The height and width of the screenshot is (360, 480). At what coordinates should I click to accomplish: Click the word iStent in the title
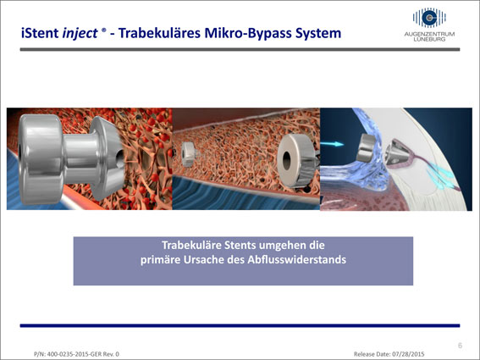(x=40, y=33)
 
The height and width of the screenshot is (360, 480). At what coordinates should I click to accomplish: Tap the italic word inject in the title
(x=80, y=34)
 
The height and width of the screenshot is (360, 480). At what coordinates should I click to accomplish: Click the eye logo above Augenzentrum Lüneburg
(x=429, y=18)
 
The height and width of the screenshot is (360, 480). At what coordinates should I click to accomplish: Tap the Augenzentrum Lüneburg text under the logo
(x=429, y=36)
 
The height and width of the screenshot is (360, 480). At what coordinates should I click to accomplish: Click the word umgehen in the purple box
(x=281, y=246)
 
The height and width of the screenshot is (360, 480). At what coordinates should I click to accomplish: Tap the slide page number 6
(x=460, y=346)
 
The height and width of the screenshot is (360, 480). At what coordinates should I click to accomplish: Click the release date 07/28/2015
(x=408, y=354)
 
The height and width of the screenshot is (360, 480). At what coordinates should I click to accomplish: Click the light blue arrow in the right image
(x=332, y=144)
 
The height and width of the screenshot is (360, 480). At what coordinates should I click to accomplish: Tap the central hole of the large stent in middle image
(x=286, y=160)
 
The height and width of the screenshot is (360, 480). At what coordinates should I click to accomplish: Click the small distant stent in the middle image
(x=188, y=154)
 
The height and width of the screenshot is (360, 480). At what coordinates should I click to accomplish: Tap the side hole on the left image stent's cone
(x=120, y=158)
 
